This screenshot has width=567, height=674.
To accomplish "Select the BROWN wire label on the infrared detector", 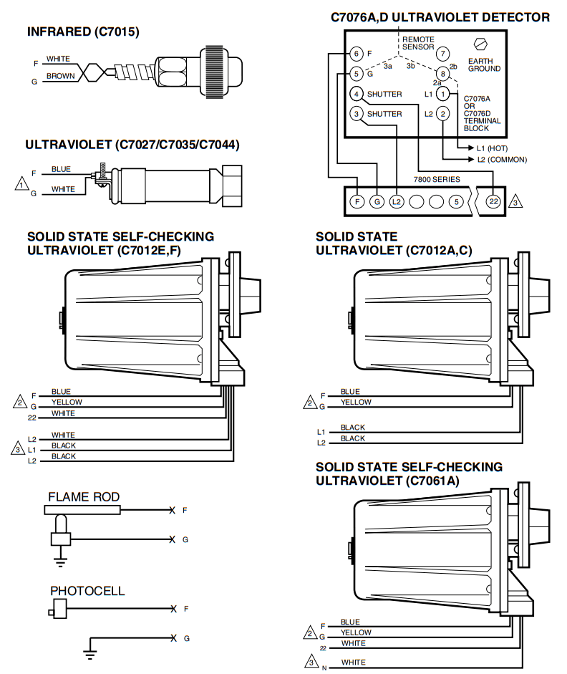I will (60, 76).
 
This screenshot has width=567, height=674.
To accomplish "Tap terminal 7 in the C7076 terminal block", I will (443, 54).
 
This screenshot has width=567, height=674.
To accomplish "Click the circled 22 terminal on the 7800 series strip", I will (493, 202).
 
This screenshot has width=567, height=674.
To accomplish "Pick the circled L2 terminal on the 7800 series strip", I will (397, 202).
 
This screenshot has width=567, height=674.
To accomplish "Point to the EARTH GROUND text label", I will (484, 65).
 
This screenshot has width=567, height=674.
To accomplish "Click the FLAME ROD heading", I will (84, 496).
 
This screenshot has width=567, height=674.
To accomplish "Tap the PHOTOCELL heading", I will (87, 591).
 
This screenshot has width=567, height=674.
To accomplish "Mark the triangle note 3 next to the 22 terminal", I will (515, 203).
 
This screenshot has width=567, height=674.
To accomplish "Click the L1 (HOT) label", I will (492, 148).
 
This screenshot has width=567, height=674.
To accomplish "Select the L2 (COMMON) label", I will (501, 160).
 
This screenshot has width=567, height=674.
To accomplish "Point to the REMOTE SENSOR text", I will (418, 43).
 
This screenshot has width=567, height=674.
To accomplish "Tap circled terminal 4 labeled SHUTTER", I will (357, 94).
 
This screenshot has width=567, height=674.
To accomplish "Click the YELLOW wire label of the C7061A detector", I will (356, 632).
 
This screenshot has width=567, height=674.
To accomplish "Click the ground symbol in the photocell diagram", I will (90, 653).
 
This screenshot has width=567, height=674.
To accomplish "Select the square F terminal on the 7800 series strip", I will (357, 202).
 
